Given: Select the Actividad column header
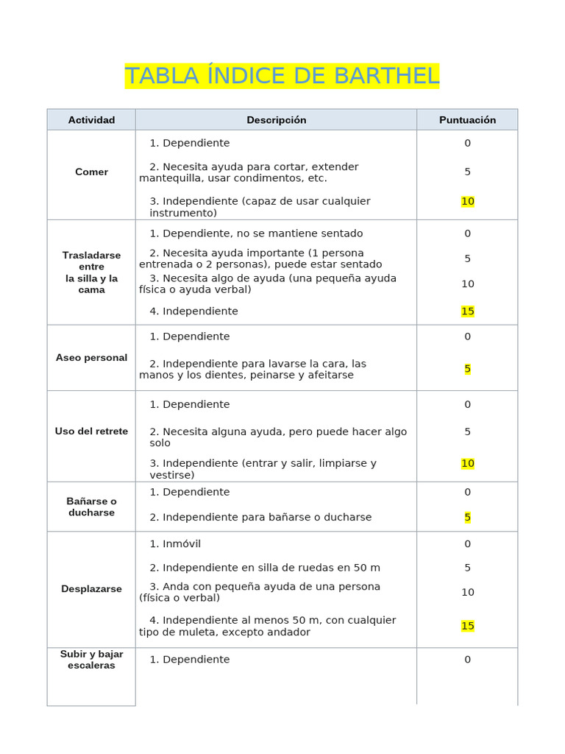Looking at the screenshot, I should point(91,120).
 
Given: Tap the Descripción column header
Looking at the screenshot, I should point(276,120).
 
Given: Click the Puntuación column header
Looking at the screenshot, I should point(467,120).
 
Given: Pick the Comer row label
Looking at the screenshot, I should point(91,172).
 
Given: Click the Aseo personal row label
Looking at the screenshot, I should point(91,358).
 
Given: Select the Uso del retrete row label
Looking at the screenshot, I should point(91,431).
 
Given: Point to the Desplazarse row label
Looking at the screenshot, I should point(91,589).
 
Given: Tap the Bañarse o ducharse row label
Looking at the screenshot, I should point(91,507).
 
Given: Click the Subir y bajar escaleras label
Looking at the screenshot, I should point(91,660).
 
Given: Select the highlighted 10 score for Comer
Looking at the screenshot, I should point(467,202).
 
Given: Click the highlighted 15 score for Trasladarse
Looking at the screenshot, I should point(467,311).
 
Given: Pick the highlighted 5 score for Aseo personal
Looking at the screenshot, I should point(467,370).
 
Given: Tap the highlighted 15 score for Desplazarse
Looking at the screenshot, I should point(467,626).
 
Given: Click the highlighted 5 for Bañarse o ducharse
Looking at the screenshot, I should point(467,518).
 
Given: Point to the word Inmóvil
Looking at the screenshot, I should point(181,544).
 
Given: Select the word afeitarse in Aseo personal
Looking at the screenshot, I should point(327,375).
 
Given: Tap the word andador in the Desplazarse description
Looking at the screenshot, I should point(288,632).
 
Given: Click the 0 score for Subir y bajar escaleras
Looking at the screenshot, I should point(467,660).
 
